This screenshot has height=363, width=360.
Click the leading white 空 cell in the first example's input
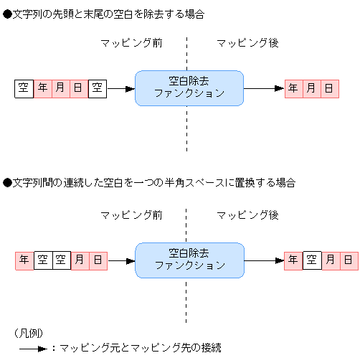pos(24,89)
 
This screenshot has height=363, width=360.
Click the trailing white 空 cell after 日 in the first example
pos(98,89)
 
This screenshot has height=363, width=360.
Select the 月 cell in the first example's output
pos(311,89)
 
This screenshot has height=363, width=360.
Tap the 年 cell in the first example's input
pos(43,89)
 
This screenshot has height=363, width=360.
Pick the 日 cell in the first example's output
pos(329,89)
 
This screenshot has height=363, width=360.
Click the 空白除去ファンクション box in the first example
pos(189,88)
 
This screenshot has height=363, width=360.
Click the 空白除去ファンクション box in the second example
pos(189,260)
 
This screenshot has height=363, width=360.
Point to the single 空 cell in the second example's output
pos(311,260)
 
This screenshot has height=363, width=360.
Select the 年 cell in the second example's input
pos(24,260)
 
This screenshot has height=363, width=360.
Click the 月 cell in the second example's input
pos(80,260)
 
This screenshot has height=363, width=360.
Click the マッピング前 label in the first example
pos(131,43)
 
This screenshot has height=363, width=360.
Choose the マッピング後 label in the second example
pos(247,215)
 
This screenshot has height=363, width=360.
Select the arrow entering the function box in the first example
pos(120,89)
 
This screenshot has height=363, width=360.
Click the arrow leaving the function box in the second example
pos(264,260)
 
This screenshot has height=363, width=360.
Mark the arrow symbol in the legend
pos(32,349)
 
